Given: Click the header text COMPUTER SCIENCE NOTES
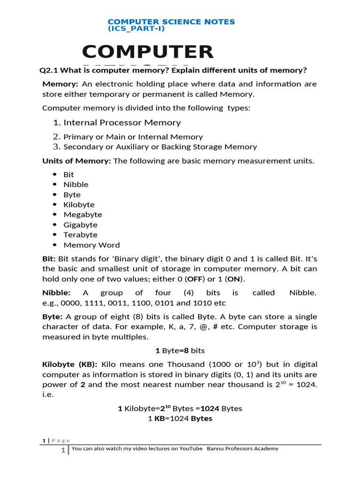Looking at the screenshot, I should pos(171,22).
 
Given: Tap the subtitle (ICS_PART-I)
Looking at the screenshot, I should pos(136,29).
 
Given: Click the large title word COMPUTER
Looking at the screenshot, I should pos(148,52).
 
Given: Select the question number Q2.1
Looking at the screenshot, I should pos(48,70).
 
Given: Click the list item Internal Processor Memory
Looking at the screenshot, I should pos(122,123).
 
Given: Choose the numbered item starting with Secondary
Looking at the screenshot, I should pos(160,147).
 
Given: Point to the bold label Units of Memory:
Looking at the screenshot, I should pos(77,161).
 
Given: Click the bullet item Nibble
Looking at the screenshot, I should pos(75,185).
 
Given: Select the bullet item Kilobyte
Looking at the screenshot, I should pos(79,205).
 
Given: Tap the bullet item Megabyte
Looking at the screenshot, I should pos(82,215).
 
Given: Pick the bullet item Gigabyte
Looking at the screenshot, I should pos(81,225).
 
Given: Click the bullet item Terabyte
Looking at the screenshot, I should pos(80,235).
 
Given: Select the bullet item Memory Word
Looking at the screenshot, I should pos(91,245).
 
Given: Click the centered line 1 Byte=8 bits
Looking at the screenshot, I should pos(180,351).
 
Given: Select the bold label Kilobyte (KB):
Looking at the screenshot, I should pos(69,365).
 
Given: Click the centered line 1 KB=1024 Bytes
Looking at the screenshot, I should pos(180,419).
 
